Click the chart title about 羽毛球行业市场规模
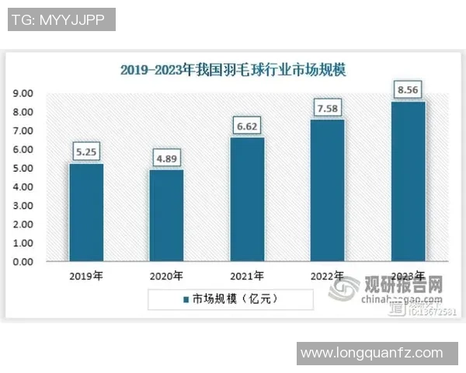[x=233, y=69]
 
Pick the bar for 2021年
[x=247, y=200]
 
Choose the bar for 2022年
[x=328, y=190]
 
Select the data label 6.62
[x=247, y=125]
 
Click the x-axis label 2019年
[x=85, y=276]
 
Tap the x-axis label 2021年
[x=247, y=276]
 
